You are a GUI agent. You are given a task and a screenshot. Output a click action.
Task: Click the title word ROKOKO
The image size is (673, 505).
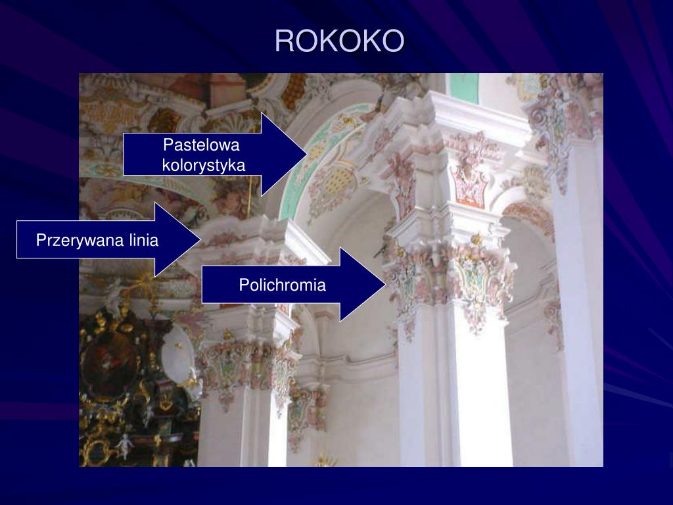(x=339, y=41)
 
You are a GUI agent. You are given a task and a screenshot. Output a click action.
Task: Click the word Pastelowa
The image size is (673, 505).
(x=202, y=145)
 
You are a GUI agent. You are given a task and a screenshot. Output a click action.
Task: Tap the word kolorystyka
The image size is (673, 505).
(x=204, y=164)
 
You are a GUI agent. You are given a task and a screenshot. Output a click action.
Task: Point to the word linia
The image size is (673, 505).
(x=140, y=240)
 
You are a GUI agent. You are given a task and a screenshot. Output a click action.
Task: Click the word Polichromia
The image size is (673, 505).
(x=282, y=285)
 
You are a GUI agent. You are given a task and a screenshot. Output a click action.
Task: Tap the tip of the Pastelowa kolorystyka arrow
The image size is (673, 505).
(x=306, y=155)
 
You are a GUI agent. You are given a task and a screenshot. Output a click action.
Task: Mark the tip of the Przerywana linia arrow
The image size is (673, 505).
(x=200, y=239)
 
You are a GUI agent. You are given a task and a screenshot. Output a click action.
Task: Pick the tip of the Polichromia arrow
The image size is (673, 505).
(x=384, y=284)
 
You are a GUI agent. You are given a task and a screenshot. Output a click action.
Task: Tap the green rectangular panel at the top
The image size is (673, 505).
(x=464, y=87)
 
